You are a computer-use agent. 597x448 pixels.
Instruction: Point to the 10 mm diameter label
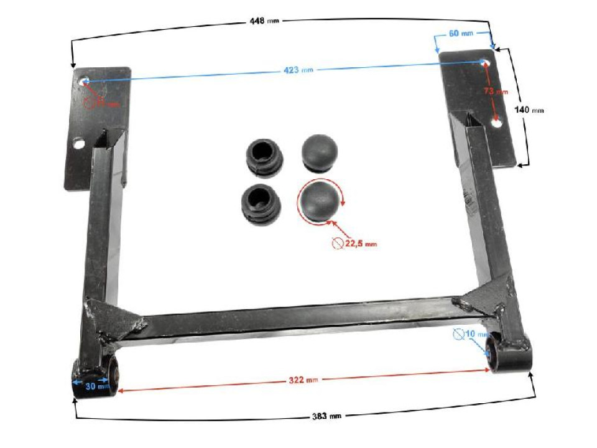474,335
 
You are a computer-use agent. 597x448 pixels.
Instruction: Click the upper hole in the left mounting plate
85,82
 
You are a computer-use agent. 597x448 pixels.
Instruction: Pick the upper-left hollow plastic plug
265,154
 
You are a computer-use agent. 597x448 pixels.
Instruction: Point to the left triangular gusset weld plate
115,318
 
